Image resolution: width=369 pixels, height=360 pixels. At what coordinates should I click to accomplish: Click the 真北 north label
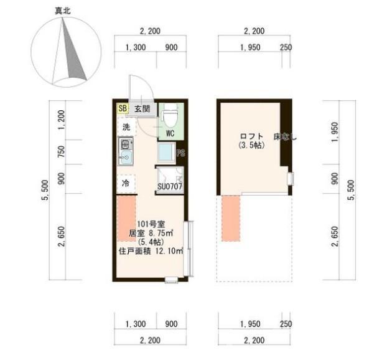[63, 11]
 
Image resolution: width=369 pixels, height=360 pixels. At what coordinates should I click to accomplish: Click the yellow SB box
[123, 108]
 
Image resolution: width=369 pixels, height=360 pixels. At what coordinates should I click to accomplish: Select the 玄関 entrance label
[142, 109]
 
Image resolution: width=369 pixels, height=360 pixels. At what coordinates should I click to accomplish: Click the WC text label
[170, 133]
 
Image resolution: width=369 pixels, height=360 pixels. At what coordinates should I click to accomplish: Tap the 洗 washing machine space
[126, 127]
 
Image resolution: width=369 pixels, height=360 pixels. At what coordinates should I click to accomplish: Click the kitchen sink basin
[126, 156]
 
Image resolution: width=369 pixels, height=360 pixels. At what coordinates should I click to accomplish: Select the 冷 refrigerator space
[126, 183]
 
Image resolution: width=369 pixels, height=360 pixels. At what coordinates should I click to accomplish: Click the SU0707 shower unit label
[170, 187]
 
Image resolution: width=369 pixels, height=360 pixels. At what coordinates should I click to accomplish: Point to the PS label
[180, 153]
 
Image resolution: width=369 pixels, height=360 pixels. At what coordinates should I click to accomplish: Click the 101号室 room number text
[151, 224]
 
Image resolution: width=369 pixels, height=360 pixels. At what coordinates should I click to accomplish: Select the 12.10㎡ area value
[169, 251]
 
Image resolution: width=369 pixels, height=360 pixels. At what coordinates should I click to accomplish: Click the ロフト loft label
[251, 136]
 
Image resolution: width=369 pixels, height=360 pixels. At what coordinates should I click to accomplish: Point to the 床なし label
[285, 137]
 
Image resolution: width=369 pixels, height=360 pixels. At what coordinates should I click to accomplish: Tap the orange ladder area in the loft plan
[231, 218]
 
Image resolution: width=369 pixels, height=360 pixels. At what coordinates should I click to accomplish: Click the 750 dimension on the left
[61, 152]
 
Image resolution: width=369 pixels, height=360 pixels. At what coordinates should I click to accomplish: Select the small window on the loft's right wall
[291, 179]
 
